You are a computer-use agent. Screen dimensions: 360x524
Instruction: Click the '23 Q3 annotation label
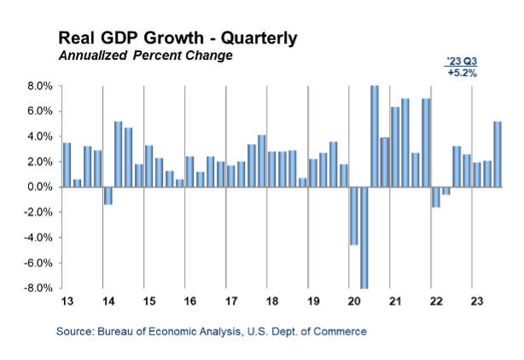[462, 62]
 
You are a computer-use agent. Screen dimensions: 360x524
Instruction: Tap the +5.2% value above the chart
[462, 73]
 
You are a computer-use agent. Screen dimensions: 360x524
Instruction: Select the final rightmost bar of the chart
[498, 154]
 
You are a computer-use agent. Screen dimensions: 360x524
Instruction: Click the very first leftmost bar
[67, 165]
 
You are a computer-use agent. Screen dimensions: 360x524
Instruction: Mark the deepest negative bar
[364, 238]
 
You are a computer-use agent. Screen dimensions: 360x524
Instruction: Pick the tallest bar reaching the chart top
[375, 136]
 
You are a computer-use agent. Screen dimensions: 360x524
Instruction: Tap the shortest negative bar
[446, 191]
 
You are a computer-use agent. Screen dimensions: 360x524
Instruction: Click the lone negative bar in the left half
[108, 196]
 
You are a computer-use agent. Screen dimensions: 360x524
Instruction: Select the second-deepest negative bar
[354, 217]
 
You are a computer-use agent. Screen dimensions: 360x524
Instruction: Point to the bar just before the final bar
[487, 173]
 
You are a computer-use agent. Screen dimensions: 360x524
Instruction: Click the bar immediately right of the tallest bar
[385, 161]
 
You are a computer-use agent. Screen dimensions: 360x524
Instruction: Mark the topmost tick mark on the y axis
[61, 86]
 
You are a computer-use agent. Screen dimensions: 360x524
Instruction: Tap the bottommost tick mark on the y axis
[61, 288]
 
